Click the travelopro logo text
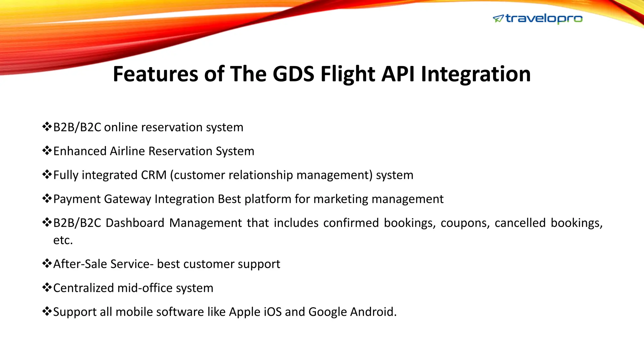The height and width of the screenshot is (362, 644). [544, 19]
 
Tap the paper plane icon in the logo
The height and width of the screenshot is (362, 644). [498, 19]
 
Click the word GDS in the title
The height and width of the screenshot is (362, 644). [293, 74]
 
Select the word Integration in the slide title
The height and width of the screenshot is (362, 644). [475, 74]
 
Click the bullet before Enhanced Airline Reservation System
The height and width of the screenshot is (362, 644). [47, 151]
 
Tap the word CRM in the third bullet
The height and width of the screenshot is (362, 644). [153, 175]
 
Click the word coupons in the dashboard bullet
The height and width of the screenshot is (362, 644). [465, 223]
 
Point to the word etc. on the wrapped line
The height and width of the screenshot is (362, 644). [63, 240]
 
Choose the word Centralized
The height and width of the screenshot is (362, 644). [83, 288]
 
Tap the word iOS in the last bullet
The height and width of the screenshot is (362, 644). [272, 312]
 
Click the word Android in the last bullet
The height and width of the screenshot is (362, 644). [373, 312]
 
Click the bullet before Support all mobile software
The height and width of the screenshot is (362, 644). [47, 311]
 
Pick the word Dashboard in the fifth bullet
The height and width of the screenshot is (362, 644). [135, 223]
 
